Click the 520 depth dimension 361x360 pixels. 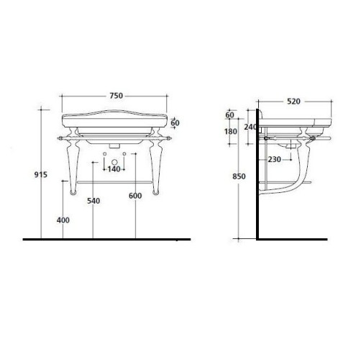tap(293, 102)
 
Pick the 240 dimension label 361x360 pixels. tap(251, 127)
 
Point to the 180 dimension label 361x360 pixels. tap(230, 132)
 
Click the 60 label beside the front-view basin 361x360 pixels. tap(175, 122)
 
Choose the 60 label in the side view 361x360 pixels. tap(230, 115)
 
